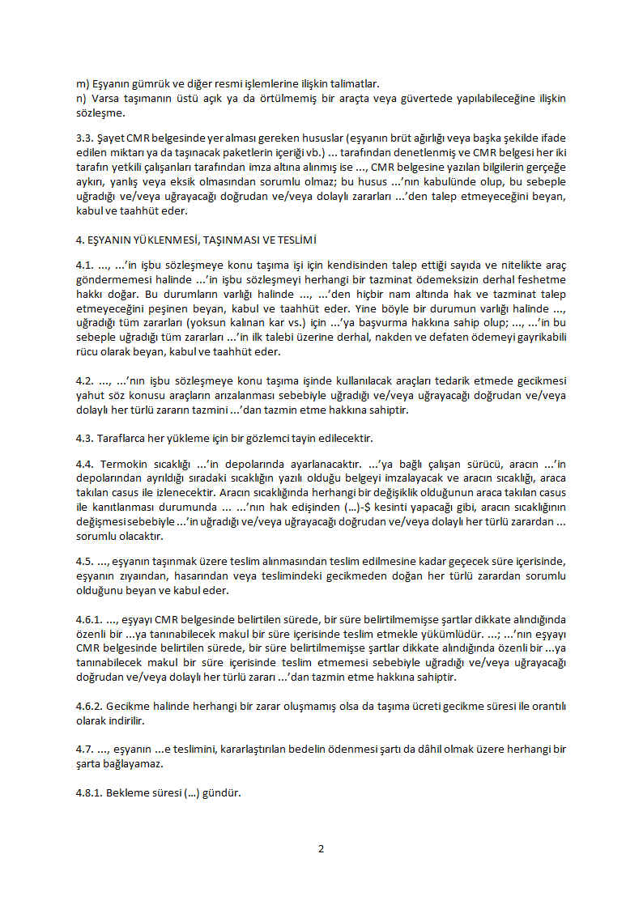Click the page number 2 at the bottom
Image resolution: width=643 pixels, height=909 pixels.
[321, 849]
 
